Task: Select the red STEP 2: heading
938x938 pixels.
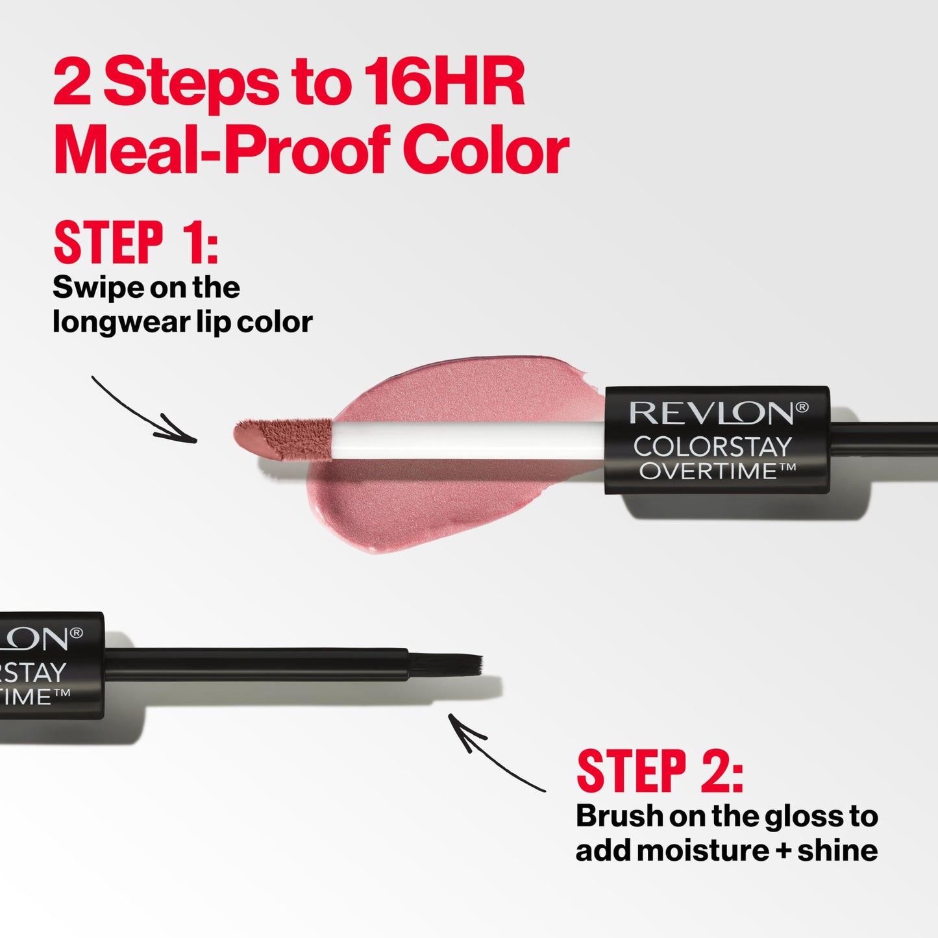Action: [x=660, y=772]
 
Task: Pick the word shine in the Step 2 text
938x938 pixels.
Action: [x=837, y=851]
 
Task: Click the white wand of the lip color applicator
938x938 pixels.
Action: [x=467, y=439]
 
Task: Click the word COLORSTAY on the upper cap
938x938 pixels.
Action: [x=712, y=447]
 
